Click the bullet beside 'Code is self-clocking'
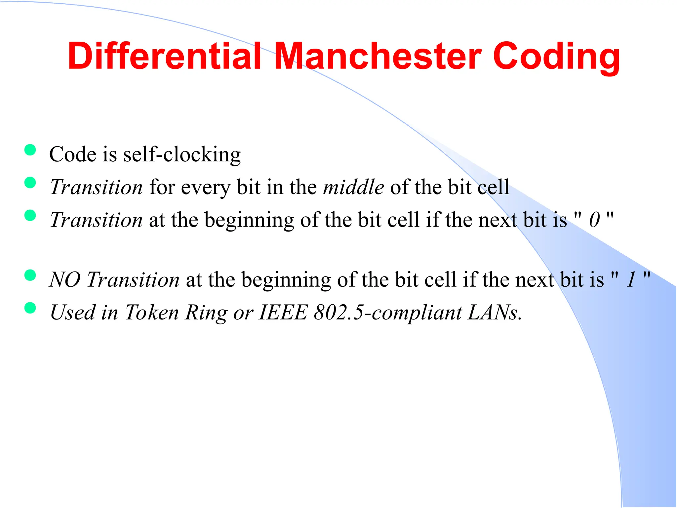point(30,150)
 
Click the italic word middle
point(353,187)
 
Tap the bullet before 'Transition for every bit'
point(30,183)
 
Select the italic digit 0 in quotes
point(594,220)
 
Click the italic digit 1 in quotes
point(631,279)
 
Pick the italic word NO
point(64,279)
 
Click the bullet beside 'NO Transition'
point(30,275)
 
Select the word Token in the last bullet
point(152,312)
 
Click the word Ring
point(206,313)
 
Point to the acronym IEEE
point(283,312)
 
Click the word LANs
point(494,312)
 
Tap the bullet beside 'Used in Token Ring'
point(30,308)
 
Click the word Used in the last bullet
point(72,312)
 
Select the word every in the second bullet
point(205,188)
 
